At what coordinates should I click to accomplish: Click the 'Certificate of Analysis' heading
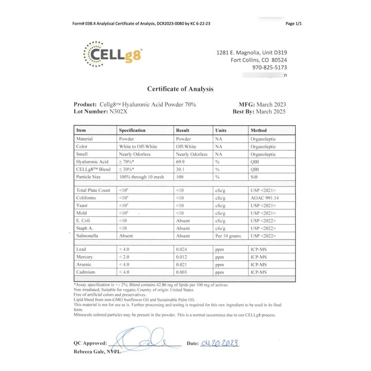coord(180,89)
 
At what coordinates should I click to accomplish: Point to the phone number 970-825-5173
coord(269,68)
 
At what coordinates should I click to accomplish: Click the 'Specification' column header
coord(132,130)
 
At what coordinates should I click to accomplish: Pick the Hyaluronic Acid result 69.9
coord(182,162)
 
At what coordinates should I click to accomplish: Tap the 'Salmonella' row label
coord(88,235)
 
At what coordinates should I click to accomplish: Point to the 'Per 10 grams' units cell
coord(227,235)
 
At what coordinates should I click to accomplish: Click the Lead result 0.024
coord(183,249)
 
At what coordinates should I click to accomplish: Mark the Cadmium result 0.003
coord(183,272)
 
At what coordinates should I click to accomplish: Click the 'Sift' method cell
coord(255,177)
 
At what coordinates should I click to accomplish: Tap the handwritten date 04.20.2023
coord(220,343)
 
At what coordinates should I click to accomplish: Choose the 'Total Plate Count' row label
coord(93,190)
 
